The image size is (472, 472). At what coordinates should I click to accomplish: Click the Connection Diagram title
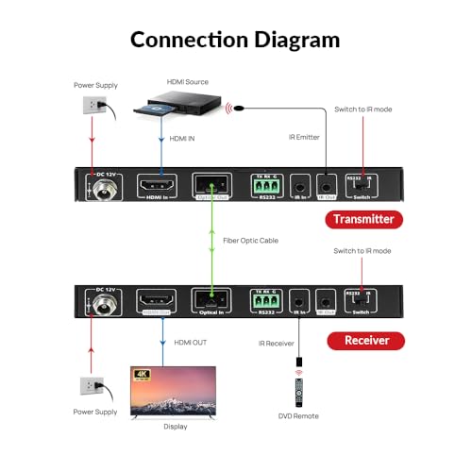235,39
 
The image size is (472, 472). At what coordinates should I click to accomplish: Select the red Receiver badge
365,340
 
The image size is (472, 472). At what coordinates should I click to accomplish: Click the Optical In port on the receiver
209,301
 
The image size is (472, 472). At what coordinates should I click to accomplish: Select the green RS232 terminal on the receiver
264,300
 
